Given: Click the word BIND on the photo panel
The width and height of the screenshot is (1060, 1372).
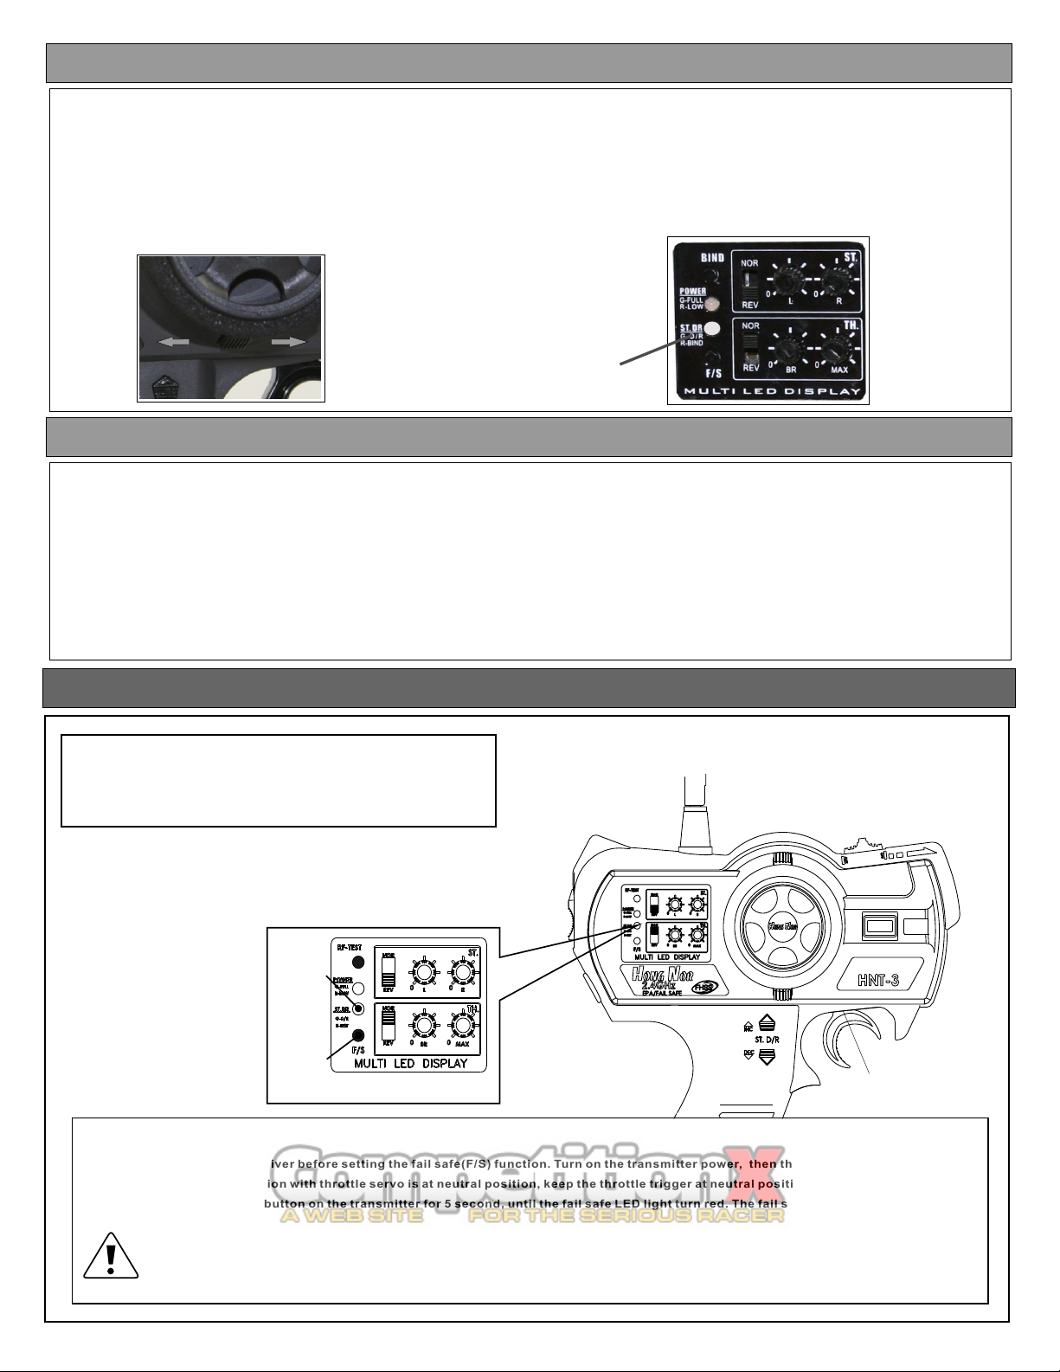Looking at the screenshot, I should pos(712,257).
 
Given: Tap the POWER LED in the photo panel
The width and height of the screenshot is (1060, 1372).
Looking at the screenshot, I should pos(713,304).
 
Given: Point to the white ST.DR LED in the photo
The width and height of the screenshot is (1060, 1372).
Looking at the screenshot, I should pos(713,329).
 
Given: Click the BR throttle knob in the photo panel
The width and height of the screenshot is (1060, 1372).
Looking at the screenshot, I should pos(787,351).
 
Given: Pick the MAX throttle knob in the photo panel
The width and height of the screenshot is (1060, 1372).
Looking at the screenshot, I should pos(835,351).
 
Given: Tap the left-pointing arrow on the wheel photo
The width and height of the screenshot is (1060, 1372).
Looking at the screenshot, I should pos(173,342).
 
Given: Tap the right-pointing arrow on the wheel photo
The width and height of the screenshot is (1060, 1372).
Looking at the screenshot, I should pos(288,342).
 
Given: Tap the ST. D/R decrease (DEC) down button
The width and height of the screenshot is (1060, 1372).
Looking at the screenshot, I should pos(765,1055).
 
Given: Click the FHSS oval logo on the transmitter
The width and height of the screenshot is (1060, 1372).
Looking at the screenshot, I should pos(711,986).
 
